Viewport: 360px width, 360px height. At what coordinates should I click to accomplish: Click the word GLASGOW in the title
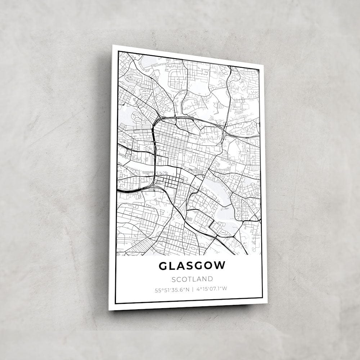coord(192,266)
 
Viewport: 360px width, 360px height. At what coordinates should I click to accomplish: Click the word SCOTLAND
coord(192,279)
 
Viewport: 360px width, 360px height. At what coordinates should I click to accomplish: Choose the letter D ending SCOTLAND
coord(210,279)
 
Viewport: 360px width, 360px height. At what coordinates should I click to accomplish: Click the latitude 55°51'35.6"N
coord(172,289)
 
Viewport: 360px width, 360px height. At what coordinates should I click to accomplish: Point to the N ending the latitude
coord(186,289)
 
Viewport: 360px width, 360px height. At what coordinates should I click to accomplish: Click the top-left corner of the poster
coord(113,45)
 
